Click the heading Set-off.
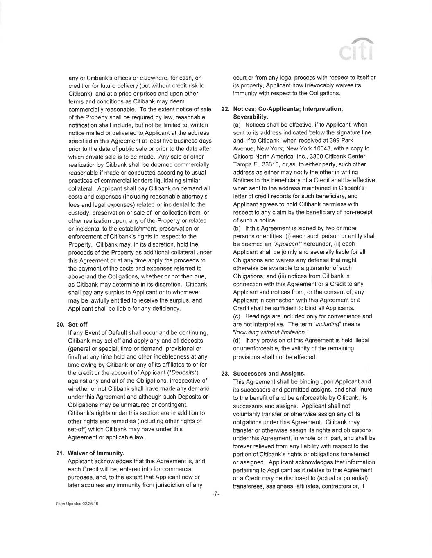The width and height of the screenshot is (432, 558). tap(78, 325)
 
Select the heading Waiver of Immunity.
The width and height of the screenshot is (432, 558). tap(96, 453)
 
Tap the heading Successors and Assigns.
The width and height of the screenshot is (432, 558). tap(269, 374)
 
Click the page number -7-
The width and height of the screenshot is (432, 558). tap(216, 494)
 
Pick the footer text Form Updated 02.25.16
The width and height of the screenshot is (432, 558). tap(77, 504)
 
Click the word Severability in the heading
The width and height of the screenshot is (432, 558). tap(250, 117)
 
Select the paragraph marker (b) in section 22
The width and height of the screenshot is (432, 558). tap(237, 228)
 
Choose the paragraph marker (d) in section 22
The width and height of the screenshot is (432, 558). tap(237, 340)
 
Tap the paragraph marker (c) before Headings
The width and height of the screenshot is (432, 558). tap(237, 316)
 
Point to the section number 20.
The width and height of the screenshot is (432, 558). tap(61, 325)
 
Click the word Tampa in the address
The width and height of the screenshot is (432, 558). tap(241, 164)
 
